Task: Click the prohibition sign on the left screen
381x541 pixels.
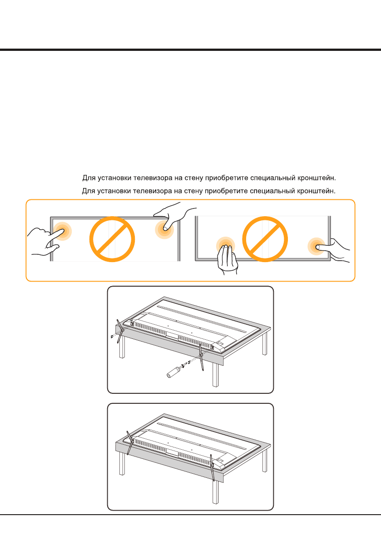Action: coord(112,239)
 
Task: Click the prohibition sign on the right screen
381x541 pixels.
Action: coord(265,239)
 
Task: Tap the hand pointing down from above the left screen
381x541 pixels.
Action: coord(174,216)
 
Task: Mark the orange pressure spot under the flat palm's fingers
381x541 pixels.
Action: coord(226,246)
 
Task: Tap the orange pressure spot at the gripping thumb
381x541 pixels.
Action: coord(316,246)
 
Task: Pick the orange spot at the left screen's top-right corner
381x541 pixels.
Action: coord(164,229)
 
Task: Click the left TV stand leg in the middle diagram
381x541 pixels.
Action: coord(120,331)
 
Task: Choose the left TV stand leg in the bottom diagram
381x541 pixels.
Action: coord(129,443)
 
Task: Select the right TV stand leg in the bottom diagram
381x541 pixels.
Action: coord(213,467)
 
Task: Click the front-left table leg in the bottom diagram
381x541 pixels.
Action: coord(121,464)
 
